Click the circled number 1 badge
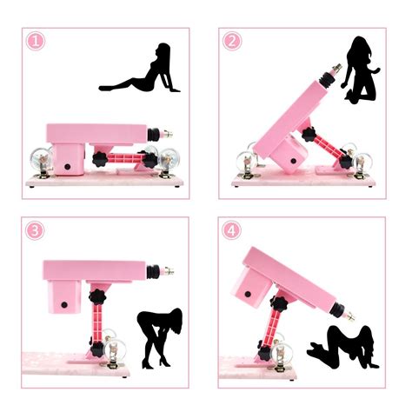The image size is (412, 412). [35, 41]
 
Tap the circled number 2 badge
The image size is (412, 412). [232, 41]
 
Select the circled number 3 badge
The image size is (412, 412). [35, 230]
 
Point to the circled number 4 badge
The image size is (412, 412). [232, 230]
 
